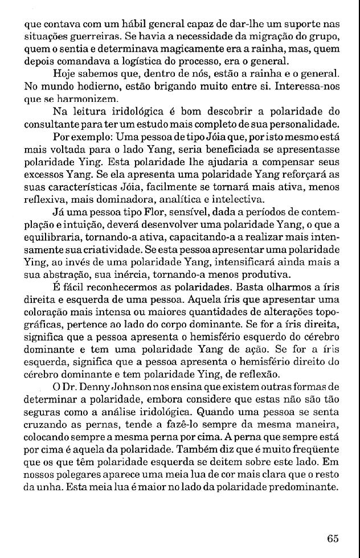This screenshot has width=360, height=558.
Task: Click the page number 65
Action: point(334,539)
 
